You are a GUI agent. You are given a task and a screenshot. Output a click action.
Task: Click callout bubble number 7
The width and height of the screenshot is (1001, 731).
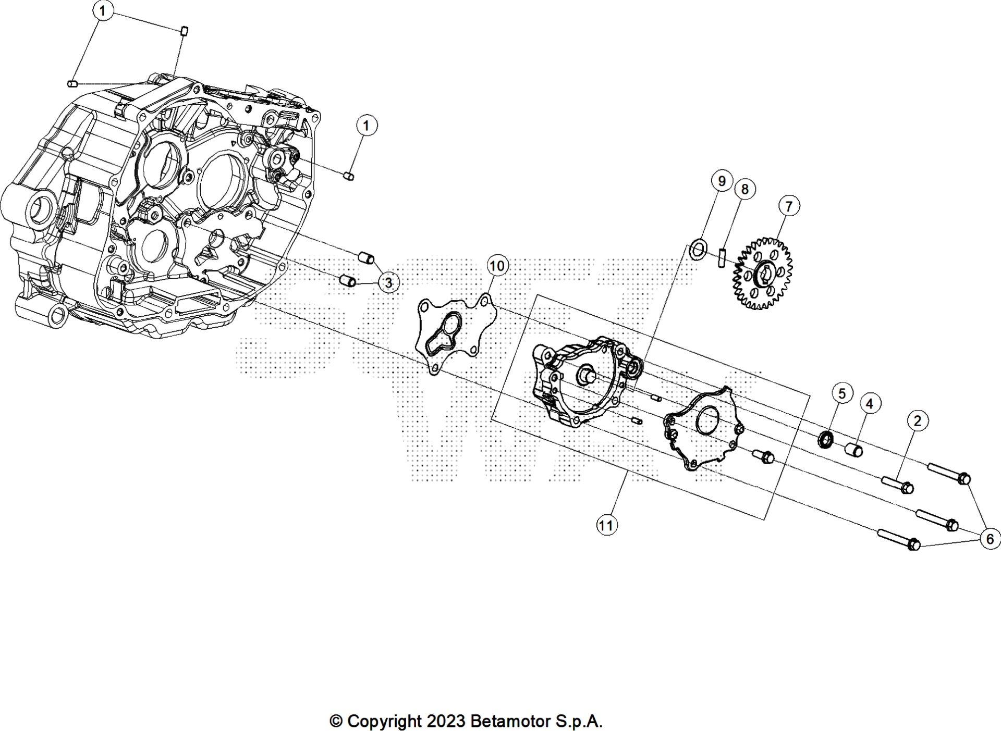(788, 206)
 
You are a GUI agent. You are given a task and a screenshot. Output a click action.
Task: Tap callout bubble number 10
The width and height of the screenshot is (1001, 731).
(497, 266)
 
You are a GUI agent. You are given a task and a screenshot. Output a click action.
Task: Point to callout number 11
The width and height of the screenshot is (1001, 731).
(605, 525)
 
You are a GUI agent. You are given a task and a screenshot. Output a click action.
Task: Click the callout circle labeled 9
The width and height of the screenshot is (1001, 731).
(722, 181)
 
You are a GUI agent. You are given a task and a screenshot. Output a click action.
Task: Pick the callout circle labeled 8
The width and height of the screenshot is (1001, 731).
(744, 189)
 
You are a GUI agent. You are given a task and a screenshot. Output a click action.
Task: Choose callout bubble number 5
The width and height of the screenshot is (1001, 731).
(842, 393)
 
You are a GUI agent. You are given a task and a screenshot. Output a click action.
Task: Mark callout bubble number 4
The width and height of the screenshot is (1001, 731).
(869, 403)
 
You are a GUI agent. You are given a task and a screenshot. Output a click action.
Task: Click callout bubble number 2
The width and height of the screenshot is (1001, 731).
(918, 420)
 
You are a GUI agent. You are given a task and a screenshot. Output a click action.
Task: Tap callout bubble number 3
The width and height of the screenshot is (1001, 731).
(388, 283)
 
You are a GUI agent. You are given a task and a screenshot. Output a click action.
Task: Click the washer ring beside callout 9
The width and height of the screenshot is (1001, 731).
(698, 249)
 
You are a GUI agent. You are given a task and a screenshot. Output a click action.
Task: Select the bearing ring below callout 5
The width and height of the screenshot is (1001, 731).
(825, 439)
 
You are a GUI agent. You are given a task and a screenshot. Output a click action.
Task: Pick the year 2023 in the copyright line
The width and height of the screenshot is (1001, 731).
(445, 722)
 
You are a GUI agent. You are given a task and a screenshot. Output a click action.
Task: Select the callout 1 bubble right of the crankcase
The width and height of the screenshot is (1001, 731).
(367, 126)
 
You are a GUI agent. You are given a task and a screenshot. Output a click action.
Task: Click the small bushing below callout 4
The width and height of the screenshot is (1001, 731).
(853, 449)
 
